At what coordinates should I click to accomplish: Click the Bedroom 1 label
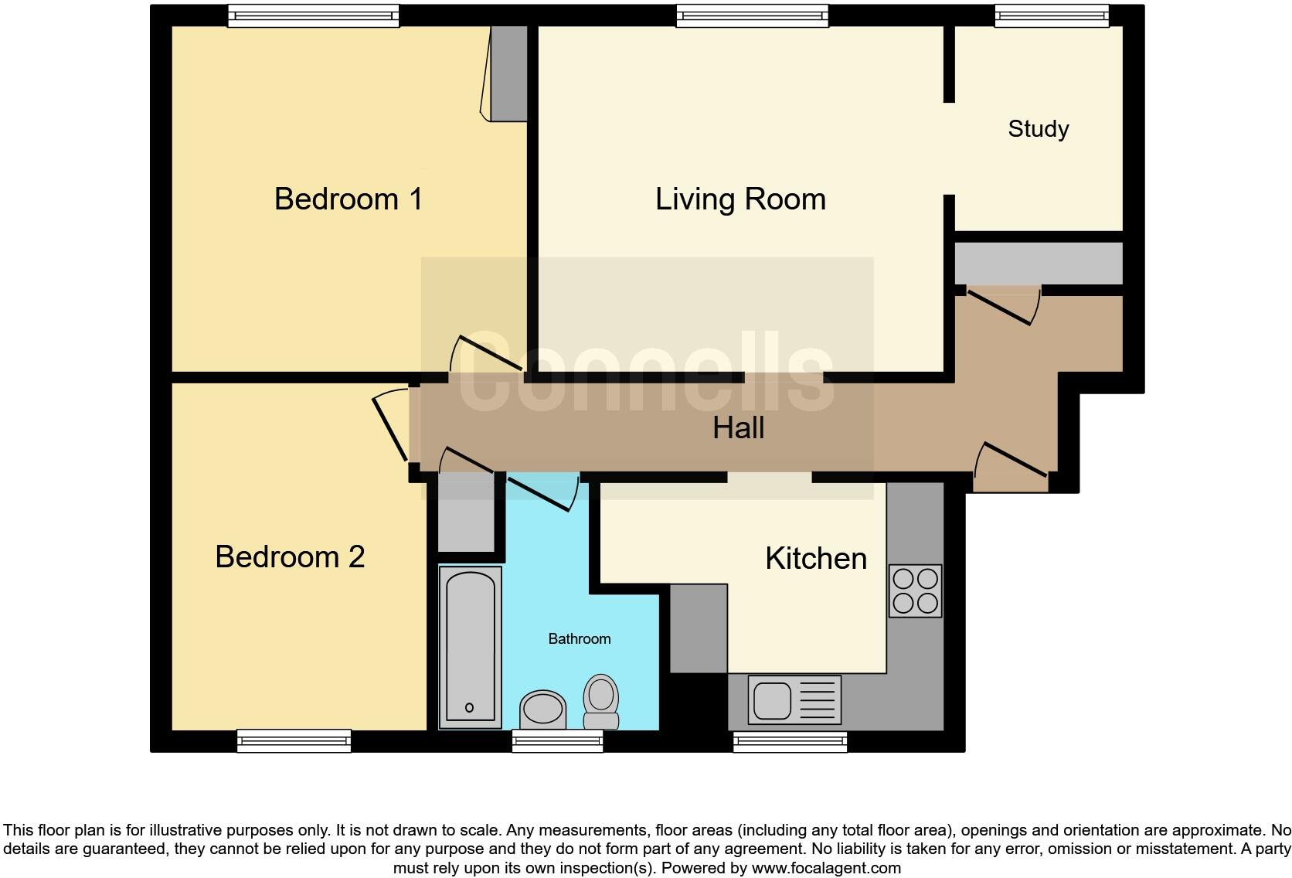click(x=348, y=199)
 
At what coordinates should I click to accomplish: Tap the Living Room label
click(x=740, y=199)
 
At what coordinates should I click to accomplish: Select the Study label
click(x=1038, y=129)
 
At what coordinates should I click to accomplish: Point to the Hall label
click(x=738, y=428)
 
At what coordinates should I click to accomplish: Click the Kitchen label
click(x=815, y=559)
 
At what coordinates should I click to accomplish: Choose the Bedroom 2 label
click(x=290, y=557)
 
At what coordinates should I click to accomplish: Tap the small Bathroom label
click(x=579, y=639)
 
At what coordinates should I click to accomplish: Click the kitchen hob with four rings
click(x=915, y=591)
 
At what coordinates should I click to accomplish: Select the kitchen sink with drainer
click(x=794, y=699)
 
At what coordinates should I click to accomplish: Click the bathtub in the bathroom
click(x=470, y=647)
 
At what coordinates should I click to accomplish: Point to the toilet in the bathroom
click(x=601, y=701)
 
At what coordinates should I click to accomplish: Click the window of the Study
click(x=1051, y=15)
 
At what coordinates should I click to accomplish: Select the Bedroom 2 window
click(x=294, y=740)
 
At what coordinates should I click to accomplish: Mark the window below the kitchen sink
click(x=790, y=742)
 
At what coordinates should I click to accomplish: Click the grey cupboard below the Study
click(x=1038, y=264)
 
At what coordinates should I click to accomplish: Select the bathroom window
click(x=557, y=742)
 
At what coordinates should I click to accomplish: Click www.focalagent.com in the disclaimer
click(x=826, y=868)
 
